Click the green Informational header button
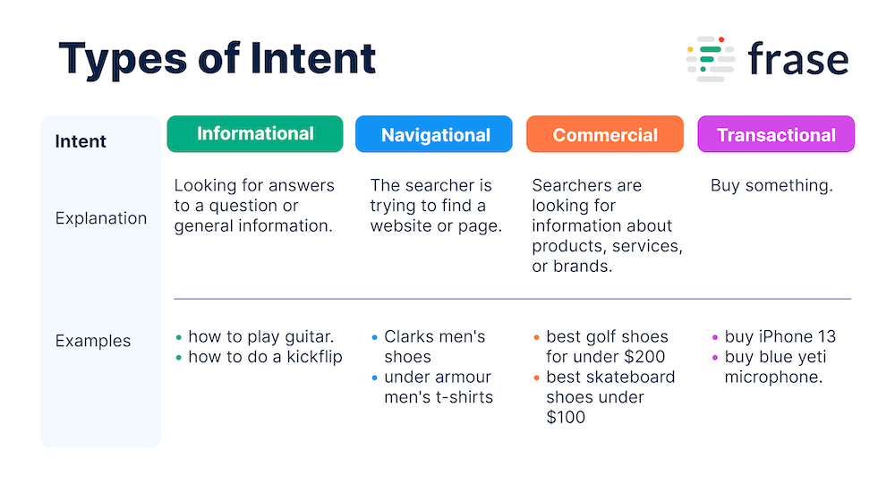click(x=254, y=134)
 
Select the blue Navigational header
click(x=434, y=134)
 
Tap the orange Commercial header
click(x=605, y=134)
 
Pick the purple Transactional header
click(x=776, y=134)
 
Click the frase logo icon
click(x=710, y=60)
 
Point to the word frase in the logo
click(x=797, y=60)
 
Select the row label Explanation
click(x=101, y=218)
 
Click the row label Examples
click(x=93, y=341)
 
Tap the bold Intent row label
click(x=81, y=141)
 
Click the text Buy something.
click(x=771, y=186)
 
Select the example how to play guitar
click(x=261, y=337)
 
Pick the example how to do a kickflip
click(x=266, y=357)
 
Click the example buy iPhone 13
click(x=780, y=337)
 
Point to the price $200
click(x=644, y=357)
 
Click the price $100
click(x=566, y=417)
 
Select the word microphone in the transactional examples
click(x=772, y=377)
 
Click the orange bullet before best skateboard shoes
click(x=536, y=378)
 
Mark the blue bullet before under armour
click(x=374, y=378)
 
